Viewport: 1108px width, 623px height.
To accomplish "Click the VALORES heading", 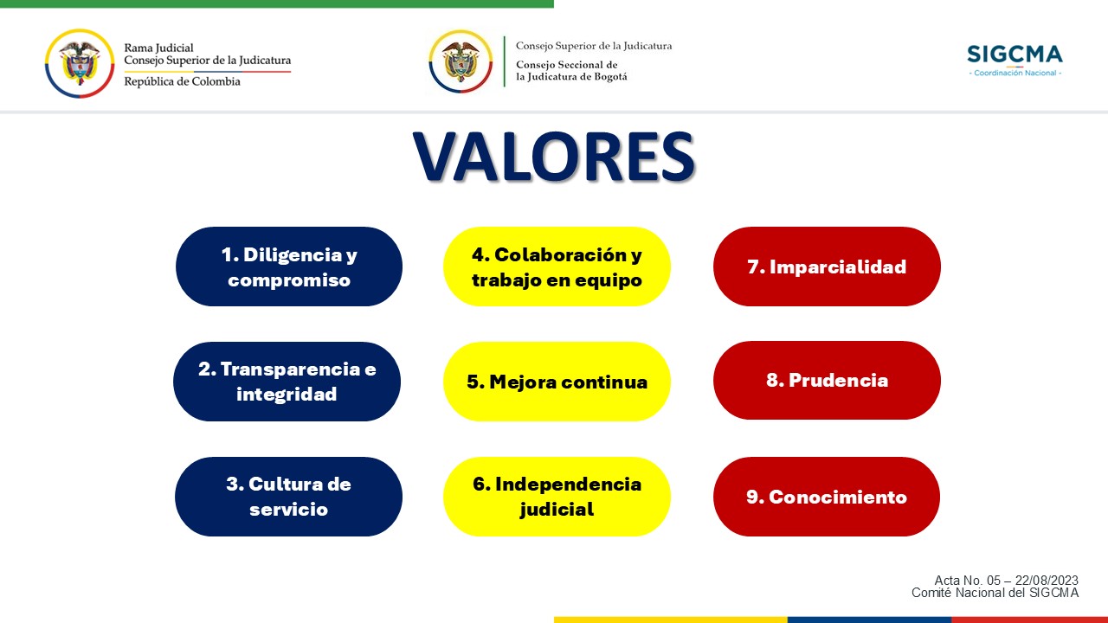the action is tap(554, 157).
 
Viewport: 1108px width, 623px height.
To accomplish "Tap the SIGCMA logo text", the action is tap(1015, 54).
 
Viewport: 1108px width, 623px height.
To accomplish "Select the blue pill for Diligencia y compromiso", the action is tap(289, 267).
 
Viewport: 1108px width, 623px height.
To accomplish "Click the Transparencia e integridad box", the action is tap(287, 382).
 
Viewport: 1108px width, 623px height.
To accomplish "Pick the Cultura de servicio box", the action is tap(288, 497).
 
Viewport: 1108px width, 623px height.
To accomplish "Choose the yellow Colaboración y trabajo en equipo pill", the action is tap(557, 267).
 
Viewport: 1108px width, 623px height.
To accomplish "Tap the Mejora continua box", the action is tap(557, 382).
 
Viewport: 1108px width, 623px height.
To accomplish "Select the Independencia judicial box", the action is tap(557, 497).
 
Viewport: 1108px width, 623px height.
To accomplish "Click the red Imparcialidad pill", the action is tap(827, 267).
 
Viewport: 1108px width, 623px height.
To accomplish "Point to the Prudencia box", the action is tap(827, 380).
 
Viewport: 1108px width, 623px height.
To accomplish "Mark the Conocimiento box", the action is tap(827, 497).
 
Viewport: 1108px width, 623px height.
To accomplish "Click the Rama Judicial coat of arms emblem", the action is tap(80, 63).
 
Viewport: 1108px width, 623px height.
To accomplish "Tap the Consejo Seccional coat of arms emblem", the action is tap(461, 61).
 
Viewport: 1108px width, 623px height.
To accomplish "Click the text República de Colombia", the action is tap(182, 81).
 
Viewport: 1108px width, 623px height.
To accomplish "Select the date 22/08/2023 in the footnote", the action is tap(1047, 580).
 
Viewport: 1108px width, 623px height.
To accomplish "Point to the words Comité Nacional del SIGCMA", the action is tap(995, 593).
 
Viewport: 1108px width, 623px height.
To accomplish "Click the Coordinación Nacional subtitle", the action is tap(1015, 73).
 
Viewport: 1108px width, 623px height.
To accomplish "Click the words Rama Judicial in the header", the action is tap(158, 48).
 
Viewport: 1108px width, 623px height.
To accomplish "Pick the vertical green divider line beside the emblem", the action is tap(505, 61).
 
